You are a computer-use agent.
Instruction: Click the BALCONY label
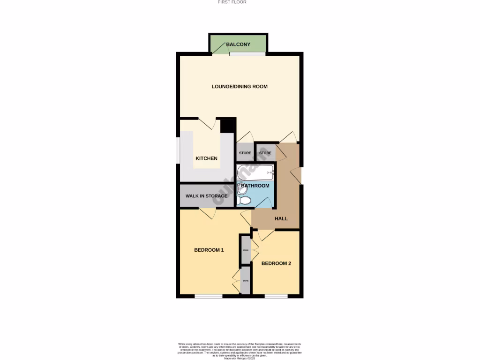[x=238, y=45]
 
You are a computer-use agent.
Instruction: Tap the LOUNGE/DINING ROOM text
[x=240, y=87]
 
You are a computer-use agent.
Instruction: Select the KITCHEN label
[x=206, y=158]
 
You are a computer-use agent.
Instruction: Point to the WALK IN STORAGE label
[x=206, y=196]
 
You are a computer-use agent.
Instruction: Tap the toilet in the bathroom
[x=244, y=201]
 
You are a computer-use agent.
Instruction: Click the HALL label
[x=281, y=218]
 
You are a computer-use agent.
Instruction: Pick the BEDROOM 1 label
[x=209, y=250]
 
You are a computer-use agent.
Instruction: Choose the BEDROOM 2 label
[x=276, y=263]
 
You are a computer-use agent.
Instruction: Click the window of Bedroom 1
[x=209, y=296]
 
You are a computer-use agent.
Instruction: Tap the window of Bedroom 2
[x=276, y=296]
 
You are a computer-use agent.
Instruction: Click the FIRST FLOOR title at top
[x=232, y=2]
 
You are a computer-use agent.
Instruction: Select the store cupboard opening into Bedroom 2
[x=245, y=250]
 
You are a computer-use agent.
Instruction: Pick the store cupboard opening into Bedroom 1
[x=245, y=281]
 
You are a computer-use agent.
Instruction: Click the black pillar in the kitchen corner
[x=227, y=126]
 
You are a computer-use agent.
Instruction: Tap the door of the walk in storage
[x=207, y=213]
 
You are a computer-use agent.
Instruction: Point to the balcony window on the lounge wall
[x=247, y=54]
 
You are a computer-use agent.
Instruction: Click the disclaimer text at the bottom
[x=240, y=351]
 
